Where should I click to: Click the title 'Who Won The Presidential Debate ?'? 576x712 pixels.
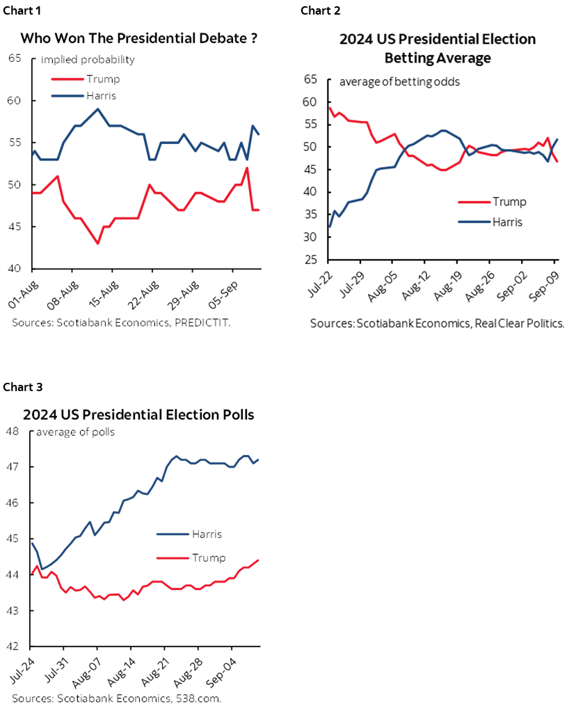[x=139, y=39]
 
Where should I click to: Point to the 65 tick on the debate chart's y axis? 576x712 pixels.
[x=14, y=58]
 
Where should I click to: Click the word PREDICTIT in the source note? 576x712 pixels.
[x=163, y=323]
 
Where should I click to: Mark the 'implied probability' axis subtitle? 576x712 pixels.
[x=88, y=59]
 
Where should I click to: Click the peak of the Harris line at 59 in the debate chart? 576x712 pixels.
[x=98, y=109]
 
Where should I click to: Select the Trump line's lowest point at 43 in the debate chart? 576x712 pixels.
[x=98, y=243]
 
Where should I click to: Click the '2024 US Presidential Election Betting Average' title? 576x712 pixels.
[x=438, y=48]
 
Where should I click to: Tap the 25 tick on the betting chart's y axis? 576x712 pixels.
[x=312, y=260]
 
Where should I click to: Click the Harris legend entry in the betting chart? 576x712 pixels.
[x=506, y=222]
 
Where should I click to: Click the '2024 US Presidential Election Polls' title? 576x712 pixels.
[x=138, y=415]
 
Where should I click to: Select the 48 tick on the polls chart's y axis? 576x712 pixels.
[x=13, y=431]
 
